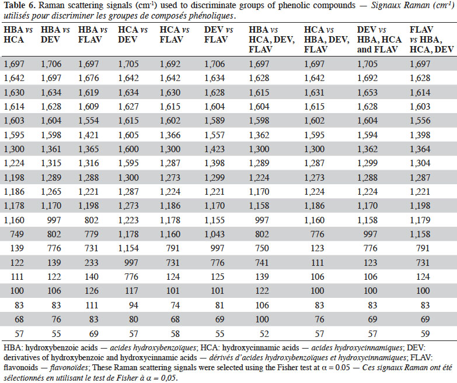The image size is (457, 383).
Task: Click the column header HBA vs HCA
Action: [18, 34]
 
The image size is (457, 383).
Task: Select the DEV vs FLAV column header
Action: [219, 34]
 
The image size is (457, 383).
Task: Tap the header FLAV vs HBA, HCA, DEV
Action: [432, 40]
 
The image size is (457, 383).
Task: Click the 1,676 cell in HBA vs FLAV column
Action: [89, 78]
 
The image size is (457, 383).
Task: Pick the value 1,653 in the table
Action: [367, 93]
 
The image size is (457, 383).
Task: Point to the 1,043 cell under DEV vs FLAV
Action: [215, 234]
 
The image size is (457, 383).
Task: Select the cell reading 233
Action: [91, 263]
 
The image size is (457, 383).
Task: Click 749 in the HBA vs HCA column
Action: [17, 234]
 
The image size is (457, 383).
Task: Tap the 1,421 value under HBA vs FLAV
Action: [89, 135]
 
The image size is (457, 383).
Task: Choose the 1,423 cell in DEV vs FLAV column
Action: [215, 149]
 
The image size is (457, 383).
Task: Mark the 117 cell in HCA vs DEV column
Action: [131, 291]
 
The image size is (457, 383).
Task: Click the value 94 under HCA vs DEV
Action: [134, 305]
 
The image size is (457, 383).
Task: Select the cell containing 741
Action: [261, 263]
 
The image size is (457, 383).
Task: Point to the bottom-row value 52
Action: [264, 334]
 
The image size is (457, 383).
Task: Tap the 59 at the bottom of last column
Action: [425, 334]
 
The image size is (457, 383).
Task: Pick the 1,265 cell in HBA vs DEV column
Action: [51, 192]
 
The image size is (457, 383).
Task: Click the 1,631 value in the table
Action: [314, 93]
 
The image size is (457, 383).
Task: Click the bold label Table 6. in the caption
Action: [20, 5]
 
